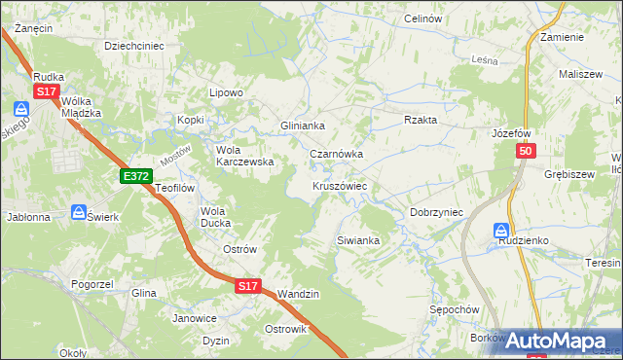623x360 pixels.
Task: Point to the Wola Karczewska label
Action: pyautogui.click(x=244, y=156)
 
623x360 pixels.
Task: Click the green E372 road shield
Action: pyautogui.click(x=135, y=175)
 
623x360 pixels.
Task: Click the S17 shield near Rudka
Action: pyautogui.click(x=46, y=91)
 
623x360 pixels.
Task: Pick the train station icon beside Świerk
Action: pyautogui.click(x=79, y=211)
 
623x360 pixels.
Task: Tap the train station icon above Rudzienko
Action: pyautogui.click(x=500, y=230)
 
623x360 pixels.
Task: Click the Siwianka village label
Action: pyautogui.click(x=357, y=239)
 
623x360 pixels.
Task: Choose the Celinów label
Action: pyautogui.click(x=422, y=18)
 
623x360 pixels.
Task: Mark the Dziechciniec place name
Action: pyautogui.click(x=133, y=45)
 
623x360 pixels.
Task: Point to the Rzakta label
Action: pyautogui.click(x=421, y=120)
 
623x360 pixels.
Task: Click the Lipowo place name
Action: pyautogui.click(x=226, y=92)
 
